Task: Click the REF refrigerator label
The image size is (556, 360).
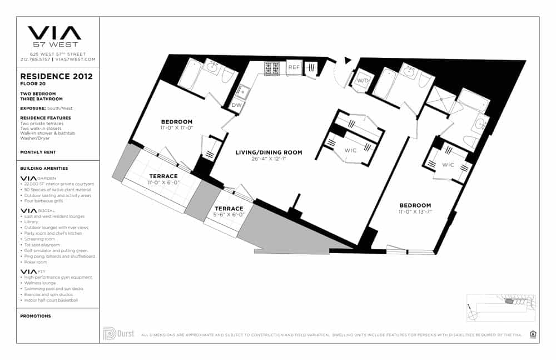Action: tap(294, 67)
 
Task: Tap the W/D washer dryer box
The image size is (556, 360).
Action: tap(363, 81)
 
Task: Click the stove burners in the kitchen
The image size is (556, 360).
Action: tap(272, 68)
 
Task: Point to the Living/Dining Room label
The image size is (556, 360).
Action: tap(269, 152)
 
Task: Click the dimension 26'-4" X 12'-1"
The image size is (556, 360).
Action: tap(269, 159)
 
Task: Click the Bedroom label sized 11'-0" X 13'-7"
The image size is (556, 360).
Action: tap(415, 205)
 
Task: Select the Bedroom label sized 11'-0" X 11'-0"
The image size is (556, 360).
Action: tap(177, 122)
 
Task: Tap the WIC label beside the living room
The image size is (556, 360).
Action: tap(350, 150)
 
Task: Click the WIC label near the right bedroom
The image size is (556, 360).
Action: tap(448, 165)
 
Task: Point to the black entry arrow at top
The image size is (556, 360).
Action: tap(348, 60)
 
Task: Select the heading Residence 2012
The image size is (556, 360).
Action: tap(56, 76)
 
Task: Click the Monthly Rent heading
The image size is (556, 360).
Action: tap(37, 152)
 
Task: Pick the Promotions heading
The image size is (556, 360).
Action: tap(36, 316)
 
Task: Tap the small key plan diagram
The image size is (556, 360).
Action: tap(500, 307)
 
